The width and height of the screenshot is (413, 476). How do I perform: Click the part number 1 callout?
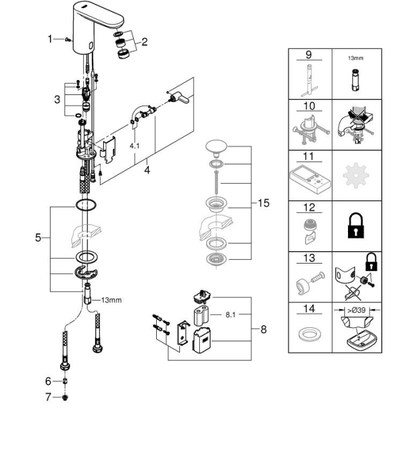(x=51, y=39)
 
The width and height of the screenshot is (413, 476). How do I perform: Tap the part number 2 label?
(x=144, y=42)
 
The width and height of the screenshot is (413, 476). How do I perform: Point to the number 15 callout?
(x=263, y=203)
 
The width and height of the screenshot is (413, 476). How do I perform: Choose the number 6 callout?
(x=47, y=381)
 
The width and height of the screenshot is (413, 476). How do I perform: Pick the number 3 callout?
(x=57, y=99)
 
